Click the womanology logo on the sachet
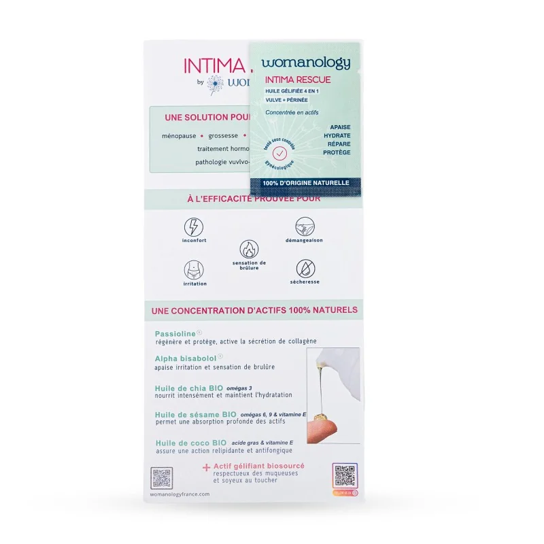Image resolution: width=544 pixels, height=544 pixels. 305,63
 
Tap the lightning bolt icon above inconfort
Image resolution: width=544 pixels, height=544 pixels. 194,226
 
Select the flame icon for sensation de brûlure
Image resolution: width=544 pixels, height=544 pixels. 249,249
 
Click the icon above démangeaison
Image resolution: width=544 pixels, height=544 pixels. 304,226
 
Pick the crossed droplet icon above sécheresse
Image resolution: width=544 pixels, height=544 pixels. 305,269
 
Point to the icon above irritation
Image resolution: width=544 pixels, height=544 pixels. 194,270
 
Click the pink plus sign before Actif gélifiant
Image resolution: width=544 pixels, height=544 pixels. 206,467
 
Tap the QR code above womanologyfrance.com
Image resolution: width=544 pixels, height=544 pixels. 161,478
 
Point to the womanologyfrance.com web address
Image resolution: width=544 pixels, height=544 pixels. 180,495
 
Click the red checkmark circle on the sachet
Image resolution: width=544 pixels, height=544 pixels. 278,154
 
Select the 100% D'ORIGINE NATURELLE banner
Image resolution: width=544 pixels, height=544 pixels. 305,183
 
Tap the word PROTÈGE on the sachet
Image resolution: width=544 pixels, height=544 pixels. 337,152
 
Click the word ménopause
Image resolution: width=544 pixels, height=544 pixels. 179,136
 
